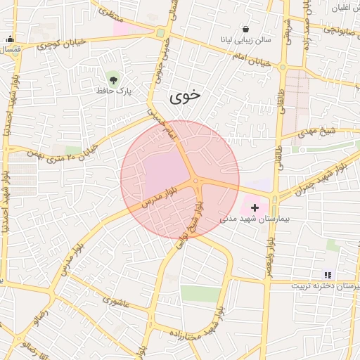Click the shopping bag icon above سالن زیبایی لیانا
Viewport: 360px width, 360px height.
[245, 30]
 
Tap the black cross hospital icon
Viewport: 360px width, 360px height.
[255, 208]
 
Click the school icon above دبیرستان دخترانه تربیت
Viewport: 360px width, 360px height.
[326, 274]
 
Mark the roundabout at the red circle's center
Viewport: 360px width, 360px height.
[195, 181]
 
